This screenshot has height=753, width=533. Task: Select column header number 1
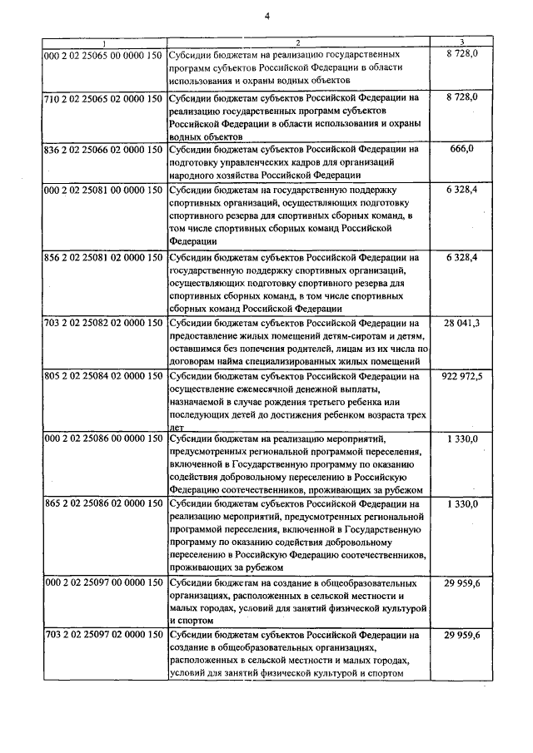(103, 42)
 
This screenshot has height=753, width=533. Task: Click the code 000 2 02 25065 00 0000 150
(103, 52)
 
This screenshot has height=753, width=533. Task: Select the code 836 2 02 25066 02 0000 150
(103, 149)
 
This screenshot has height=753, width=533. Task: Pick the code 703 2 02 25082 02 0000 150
(103, 322)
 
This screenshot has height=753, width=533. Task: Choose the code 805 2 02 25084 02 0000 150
(103, 376)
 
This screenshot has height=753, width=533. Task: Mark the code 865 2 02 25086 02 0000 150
(103, 503)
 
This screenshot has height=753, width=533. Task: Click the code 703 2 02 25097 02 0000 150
(103, 635)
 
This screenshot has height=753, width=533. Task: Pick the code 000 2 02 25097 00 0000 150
(103, 583)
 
